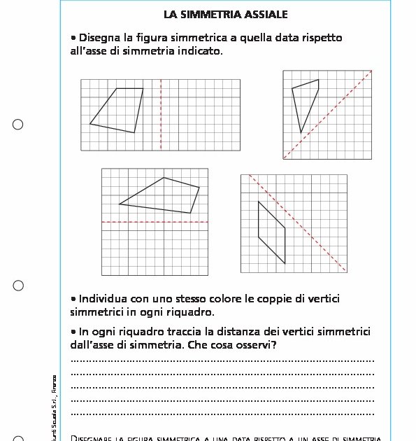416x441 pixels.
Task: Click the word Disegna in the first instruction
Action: pos(101,38)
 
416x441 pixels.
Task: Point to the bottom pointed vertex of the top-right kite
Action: pos(301,132)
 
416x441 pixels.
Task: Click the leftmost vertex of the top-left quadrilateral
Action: pos(90,124)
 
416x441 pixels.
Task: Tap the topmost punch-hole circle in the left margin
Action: pos(18,125)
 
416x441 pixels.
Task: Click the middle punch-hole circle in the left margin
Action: pos(18,286)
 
